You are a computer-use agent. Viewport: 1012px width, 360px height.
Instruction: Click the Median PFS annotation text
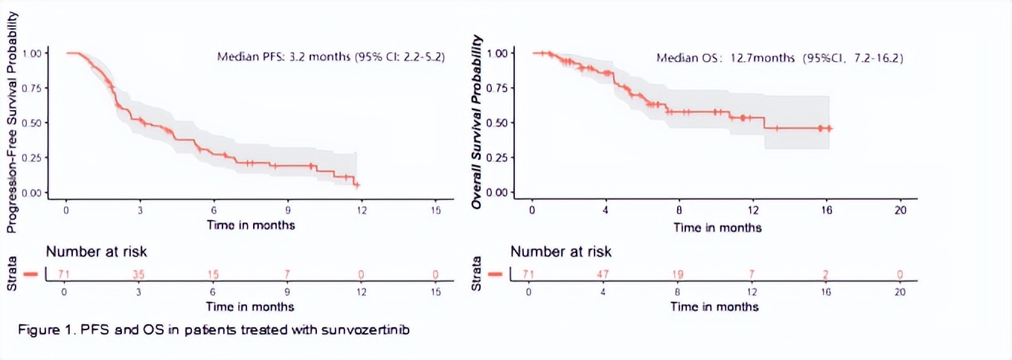(330, 57)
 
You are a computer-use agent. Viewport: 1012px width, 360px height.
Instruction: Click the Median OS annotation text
(779, 57)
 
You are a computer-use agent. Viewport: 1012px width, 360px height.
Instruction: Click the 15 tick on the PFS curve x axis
(436, 210)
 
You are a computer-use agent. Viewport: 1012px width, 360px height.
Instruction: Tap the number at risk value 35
(138, 274)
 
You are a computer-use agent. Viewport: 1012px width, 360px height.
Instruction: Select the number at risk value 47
(603, 275)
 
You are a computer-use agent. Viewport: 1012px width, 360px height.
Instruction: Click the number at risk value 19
(678, 275)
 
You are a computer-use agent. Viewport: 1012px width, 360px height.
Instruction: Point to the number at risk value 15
(213, 274)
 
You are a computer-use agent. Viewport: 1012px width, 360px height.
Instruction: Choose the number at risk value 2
(826, 275)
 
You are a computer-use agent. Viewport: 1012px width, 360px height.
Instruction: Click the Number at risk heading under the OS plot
(561, 252)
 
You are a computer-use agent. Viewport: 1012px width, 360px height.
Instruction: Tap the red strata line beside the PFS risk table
(31, 274)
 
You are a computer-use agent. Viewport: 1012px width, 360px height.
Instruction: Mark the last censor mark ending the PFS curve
(356, 184)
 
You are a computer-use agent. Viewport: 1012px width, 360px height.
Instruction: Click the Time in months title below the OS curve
(717, 228)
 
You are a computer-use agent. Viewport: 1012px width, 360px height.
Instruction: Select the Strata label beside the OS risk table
(478, 274)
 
